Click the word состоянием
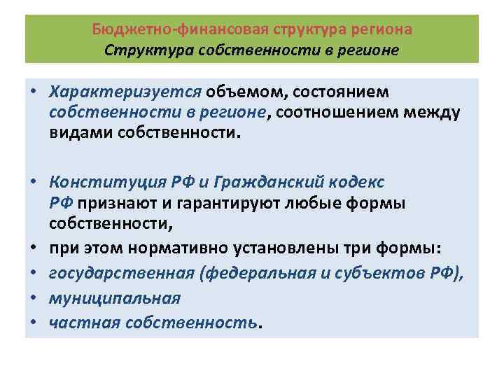coord(342,94)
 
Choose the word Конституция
coord(109,183)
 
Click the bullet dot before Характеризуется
coord(33,94)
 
